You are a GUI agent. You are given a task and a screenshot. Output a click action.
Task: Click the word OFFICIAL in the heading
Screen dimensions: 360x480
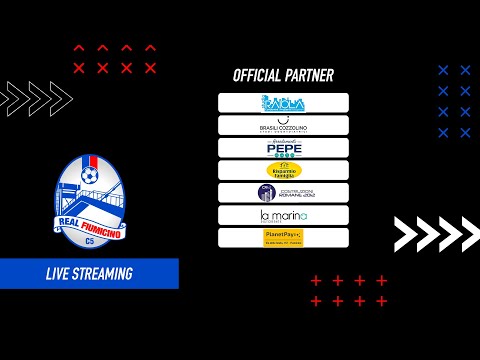pos(258,75)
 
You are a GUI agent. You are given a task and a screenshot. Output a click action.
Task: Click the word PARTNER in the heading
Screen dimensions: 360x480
pos(310,75)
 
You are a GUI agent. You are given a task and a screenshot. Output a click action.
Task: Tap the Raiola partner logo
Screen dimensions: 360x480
pos(283,103)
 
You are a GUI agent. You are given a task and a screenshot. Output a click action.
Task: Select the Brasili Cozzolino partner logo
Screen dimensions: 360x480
pos(283,125)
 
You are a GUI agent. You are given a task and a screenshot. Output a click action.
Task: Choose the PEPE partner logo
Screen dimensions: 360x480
pos(283,148)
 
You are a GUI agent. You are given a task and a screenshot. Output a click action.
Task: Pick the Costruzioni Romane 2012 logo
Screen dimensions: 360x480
pos(283,193)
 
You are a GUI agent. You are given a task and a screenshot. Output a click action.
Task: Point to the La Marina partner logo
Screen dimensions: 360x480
pos(283,215)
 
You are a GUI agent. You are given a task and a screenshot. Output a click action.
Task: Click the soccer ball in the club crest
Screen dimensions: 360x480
pos(90,177)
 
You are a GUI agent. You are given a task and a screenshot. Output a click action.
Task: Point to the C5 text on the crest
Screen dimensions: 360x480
pos(91,242)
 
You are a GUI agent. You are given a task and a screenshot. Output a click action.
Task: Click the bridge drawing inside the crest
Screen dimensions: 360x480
pos(100,202)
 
